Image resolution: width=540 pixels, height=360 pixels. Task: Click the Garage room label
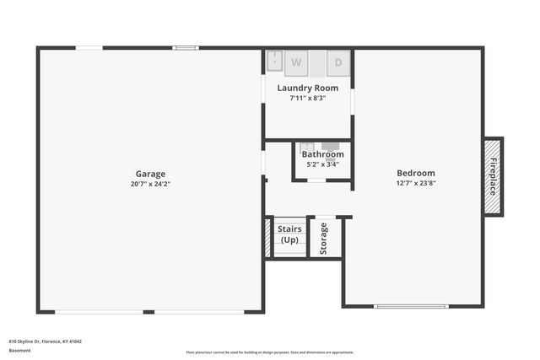point(150,174)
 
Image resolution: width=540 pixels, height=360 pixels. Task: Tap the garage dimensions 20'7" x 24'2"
point(150,184)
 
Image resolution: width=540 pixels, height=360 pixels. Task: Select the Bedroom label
point(416,173)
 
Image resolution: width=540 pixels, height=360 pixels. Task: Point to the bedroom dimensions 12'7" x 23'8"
point(416,183)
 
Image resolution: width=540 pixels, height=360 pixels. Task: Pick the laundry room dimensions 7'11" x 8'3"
point(308,98)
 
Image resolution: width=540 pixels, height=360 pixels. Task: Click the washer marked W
point(296,62)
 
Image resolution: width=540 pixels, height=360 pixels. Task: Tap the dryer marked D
point(338,62)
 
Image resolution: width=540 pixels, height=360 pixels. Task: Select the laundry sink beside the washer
point(275,62)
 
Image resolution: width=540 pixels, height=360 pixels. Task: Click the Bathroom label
point(322,154)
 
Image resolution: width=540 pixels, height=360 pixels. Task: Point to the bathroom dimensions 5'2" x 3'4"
point(322,164)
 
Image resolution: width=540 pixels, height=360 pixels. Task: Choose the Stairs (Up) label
point(289,234)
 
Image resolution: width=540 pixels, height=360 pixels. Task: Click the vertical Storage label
point(324,239)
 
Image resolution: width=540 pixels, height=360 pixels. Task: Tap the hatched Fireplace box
point(494,177)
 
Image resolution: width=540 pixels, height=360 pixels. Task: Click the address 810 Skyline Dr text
point(46,341)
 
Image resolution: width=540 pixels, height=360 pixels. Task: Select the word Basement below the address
point(19,350)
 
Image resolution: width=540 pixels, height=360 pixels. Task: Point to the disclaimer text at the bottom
point(269,352)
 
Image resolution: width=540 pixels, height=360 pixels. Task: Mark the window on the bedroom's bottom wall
point(412,306)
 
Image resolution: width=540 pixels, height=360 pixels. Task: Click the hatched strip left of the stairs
point(268,239)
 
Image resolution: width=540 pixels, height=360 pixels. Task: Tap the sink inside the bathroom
point(308,147)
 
